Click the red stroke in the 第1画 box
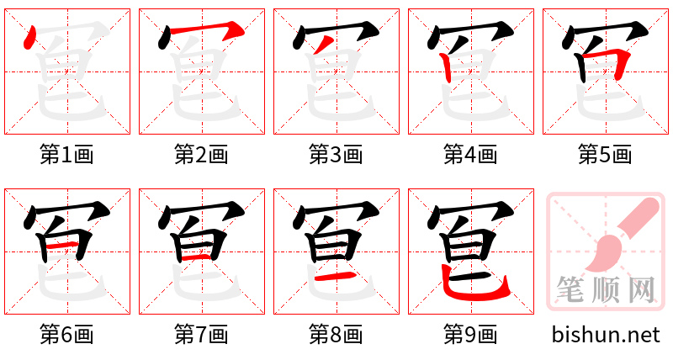(x=31, y=38)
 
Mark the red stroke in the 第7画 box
(x=200, y=255)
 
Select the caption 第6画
(x=66, y=334)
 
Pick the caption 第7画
(x=201, y=334)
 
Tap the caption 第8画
(x=336, y=334)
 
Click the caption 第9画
(x=470, y=334)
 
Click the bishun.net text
(x=606, y=335)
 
